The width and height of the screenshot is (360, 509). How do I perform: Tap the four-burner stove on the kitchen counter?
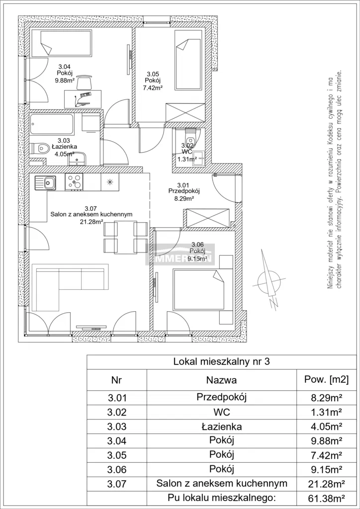(75, 181)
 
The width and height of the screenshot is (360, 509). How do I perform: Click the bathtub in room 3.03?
(52, 122)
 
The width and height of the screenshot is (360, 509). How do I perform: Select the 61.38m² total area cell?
(326, 497)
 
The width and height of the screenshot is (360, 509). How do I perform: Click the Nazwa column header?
(221, 380)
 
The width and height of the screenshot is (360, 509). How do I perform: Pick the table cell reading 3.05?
(116, 455)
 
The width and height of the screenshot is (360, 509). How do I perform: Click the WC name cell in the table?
(221, 412)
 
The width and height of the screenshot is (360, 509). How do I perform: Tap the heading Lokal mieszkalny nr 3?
(221, 362)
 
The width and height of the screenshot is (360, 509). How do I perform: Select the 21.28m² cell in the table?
(326, 483)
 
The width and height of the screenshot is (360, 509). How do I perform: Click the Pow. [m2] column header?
(326, 380)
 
